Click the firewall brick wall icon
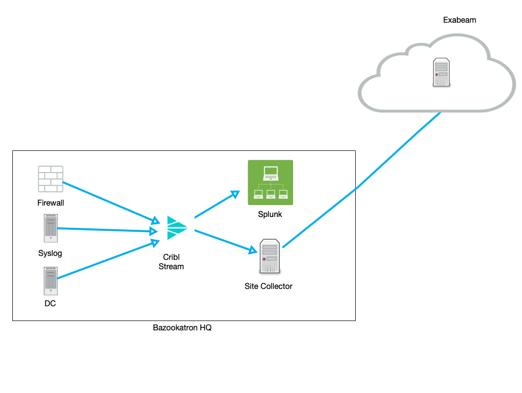pos(51,179)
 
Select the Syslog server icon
pos(50,228)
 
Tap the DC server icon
pos(50,281)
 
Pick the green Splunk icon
pos(270,182)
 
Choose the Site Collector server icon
pos(270,256)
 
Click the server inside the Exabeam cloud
pos(441,72)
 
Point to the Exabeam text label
pos(459,20)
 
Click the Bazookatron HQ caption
pos(182,328)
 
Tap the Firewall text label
pos(51,203)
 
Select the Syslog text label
pos(50,253)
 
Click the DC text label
pos(50,304)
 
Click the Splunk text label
pos(270,214)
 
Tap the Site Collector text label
pos(268,286)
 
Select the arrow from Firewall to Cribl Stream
pos(109,201)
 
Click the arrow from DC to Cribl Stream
pos(106,260)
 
